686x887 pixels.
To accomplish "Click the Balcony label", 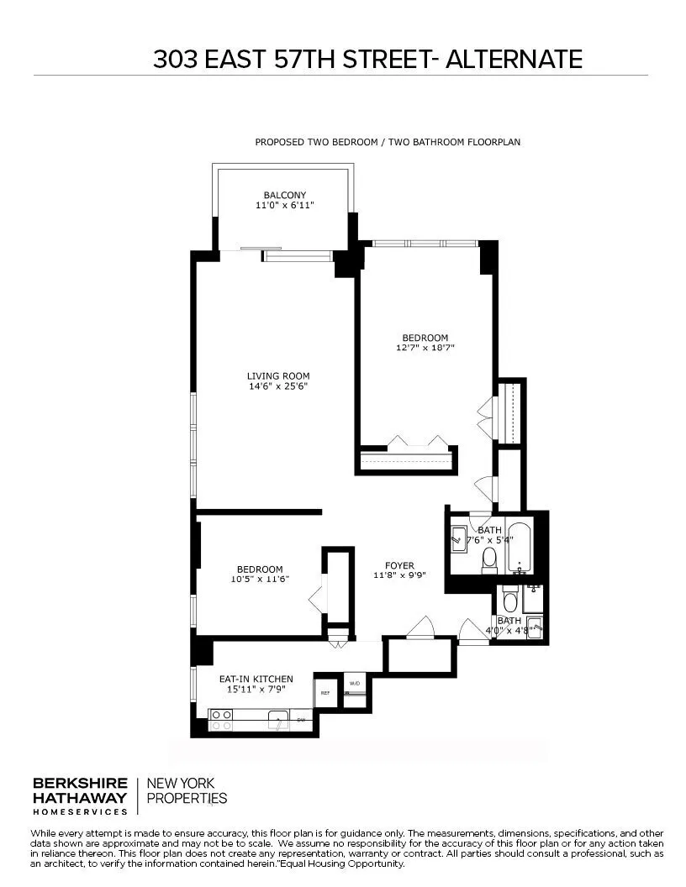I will tap(284, 195).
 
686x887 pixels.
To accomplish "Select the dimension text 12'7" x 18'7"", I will tap(425, 348).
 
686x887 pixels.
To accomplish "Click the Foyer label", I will tap(399, 565).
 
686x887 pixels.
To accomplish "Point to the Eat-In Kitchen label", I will tap(256, 679).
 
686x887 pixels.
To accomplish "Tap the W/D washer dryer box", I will tap(355, 683).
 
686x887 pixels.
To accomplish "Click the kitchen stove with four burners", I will tap(220, 719).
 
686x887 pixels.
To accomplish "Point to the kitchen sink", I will tap(277, 719).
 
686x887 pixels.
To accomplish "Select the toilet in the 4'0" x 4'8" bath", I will tap(509, 601).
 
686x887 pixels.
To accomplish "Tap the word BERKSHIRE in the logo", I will tap(80, 783).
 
